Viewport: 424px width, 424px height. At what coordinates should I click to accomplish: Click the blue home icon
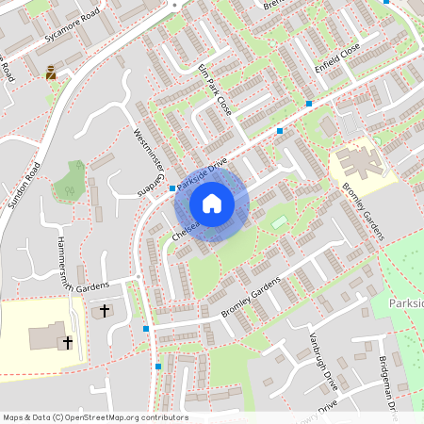point(212,203)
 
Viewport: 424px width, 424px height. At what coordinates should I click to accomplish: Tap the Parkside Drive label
point(202,174)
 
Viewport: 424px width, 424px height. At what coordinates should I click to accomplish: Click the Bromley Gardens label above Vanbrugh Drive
point(252,297)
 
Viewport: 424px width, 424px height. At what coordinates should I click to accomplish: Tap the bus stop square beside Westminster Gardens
point(172,188)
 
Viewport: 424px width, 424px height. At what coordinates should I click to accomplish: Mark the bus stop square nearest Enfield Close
point(309,103)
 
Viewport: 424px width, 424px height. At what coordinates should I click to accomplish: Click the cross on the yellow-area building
point(68,343)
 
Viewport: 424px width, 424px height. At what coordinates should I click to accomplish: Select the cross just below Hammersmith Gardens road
point(104,309)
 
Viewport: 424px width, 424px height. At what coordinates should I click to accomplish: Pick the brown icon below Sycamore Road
point(51,71)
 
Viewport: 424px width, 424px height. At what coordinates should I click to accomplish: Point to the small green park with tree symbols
point(68,179)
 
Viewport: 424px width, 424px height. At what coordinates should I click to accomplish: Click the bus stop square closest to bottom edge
point(158,366)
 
